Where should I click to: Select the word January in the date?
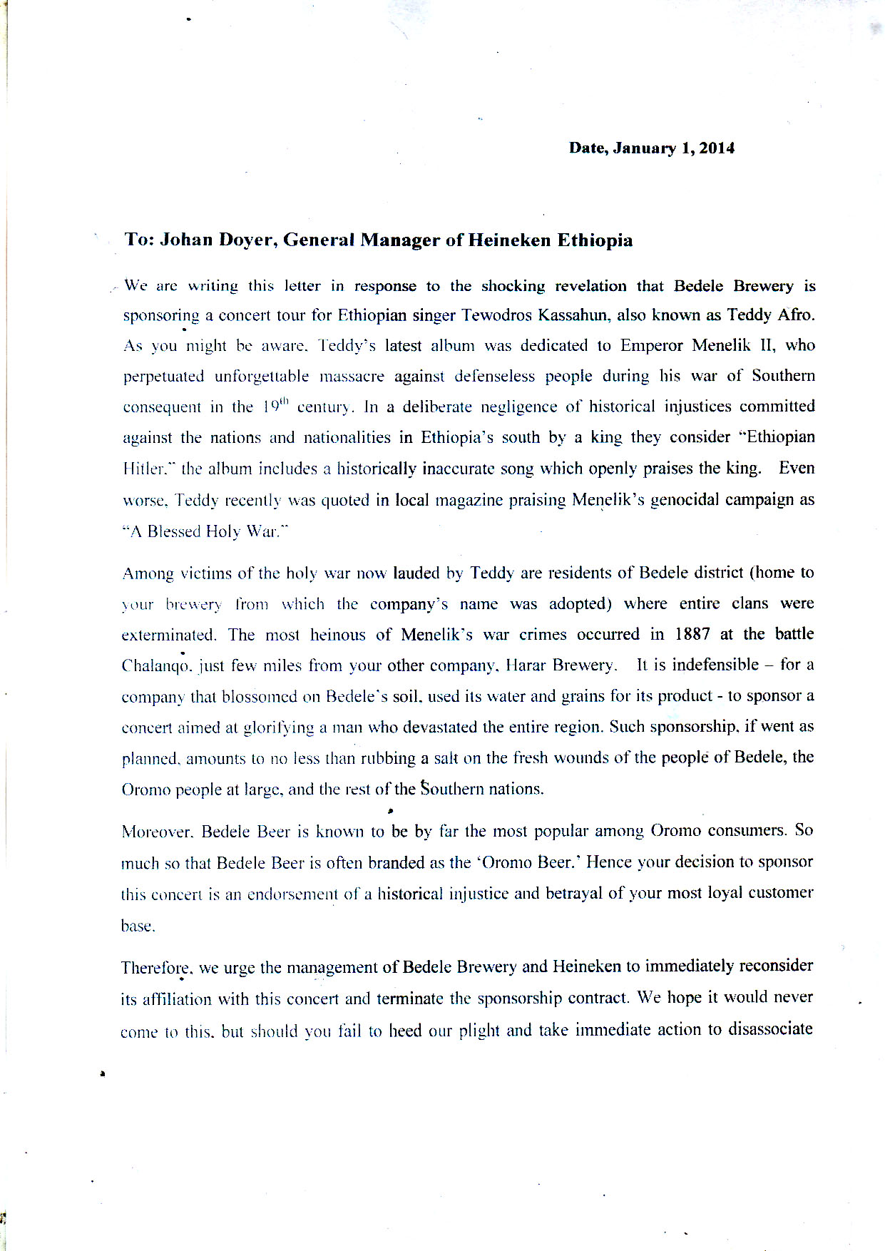tap(644, 148)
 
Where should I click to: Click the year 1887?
tap(692, 634)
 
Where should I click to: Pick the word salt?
tap(446, 758)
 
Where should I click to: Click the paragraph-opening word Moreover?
tap(157, 832)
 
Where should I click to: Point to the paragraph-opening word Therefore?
tap(156, 968)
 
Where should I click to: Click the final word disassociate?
tap(770, 1029)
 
